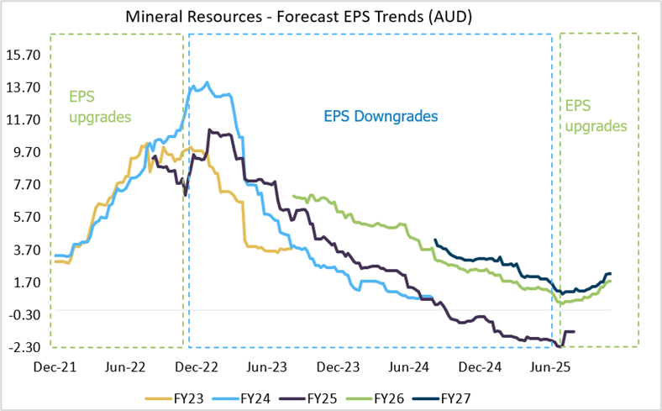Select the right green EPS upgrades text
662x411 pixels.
click(x=596, y=116)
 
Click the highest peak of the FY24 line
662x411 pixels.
click(x=207, y=82)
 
